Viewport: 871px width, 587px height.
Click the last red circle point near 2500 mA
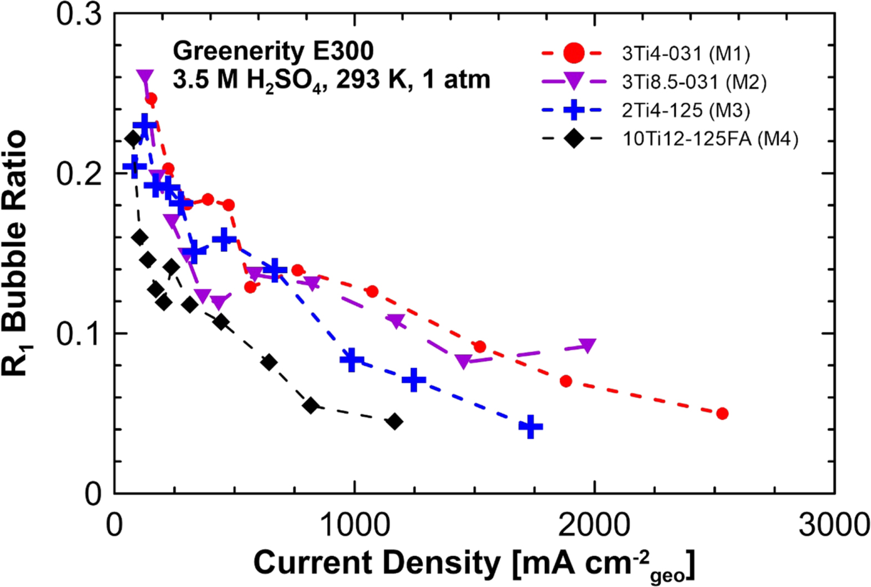point(722,414)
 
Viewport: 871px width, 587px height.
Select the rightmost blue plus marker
point(530,427)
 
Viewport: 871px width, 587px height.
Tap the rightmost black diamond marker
point(394,421)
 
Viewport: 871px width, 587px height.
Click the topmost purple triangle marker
point(145,76)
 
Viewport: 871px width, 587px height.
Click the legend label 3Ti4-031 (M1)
point(686,54)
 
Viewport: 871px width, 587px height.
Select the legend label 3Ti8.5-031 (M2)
point(694,82)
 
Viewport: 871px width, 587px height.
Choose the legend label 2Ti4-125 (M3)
point(686,110)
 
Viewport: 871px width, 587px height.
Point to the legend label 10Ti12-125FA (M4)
point(710,139)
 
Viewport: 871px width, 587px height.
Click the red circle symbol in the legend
point(573,53)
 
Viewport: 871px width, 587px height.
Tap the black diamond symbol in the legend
point(573,139)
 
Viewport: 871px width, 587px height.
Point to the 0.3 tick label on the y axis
point(79,14)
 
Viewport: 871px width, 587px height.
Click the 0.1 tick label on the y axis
point(79,334)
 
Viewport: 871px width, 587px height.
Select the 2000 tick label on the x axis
point(594,524)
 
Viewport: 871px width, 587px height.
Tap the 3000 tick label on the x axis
point(833,524)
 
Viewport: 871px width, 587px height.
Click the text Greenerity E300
point(273,51)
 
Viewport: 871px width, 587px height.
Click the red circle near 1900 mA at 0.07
point(566,381)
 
